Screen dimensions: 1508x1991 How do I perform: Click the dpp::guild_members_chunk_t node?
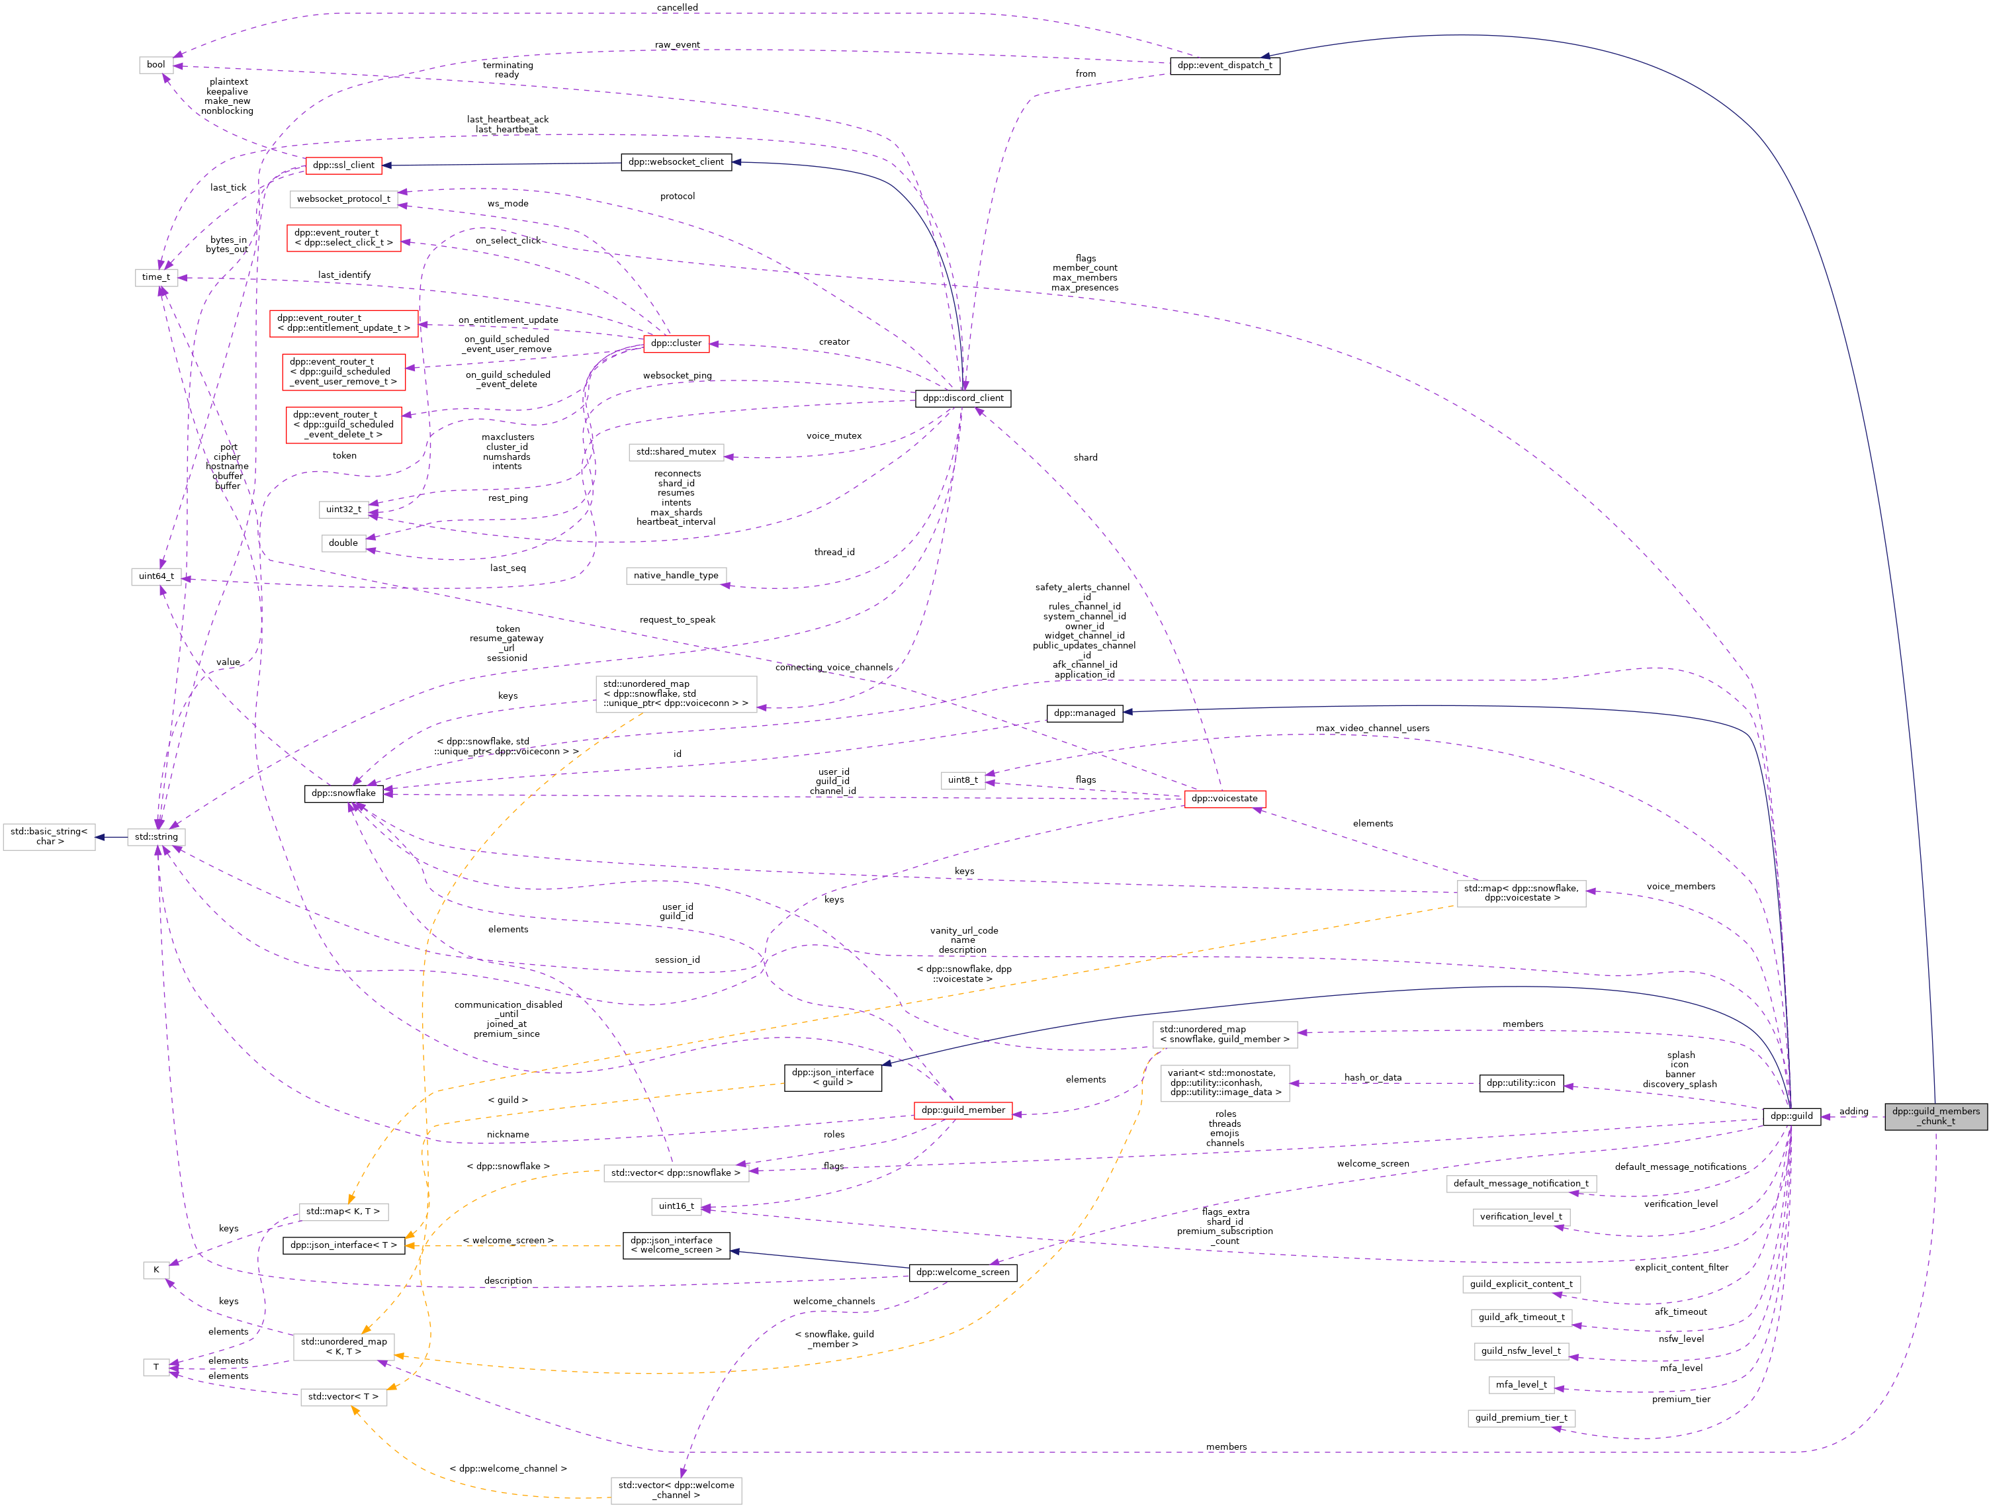point(1935,1116)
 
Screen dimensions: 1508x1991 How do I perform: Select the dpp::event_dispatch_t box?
point(1224,65)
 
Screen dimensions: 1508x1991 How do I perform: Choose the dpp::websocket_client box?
point(676,162)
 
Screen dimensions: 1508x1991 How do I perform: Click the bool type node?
point(155,65)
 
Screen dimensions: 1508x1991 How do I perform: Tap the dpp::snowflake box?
point(344,793)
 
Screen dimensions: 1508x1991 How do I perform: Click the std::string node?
point(157,837)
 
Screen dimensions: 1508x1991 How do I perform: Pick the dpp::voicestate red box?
point(1224,799)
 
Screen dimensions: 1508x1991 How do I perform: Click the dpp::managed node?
point(1084,713)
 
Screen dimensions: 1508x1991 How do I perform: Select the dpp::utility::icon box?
point(1521,1083)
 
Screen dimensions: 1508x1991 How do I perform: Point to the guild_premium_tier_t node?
point(1521,1418)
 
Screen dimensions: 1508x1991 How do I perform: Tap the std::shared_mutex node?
point(676,452)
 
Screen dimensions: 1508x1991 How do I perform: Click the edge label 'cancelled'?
point(677,8)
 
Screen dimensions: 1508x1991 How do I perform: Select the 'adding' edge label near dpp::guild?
point(1853,1111)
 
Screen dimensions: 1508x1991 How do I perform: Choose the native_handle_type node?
point(676,575)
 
